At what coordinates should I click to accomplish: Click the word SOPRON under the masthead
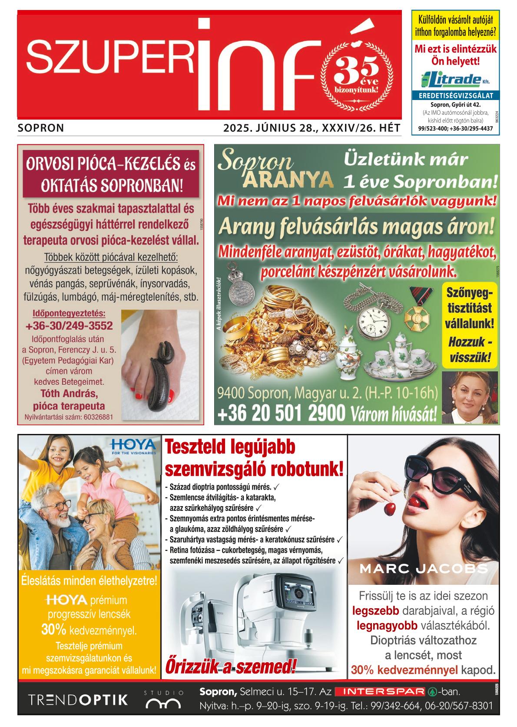coord(41,128)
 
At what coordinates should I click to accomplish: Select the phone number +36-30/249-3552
coord(69,326)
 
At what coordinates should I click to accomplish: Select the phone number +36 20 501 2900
coord(282,413)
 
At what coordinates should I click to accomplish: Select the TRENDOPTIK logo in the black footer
coord(78,700)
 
